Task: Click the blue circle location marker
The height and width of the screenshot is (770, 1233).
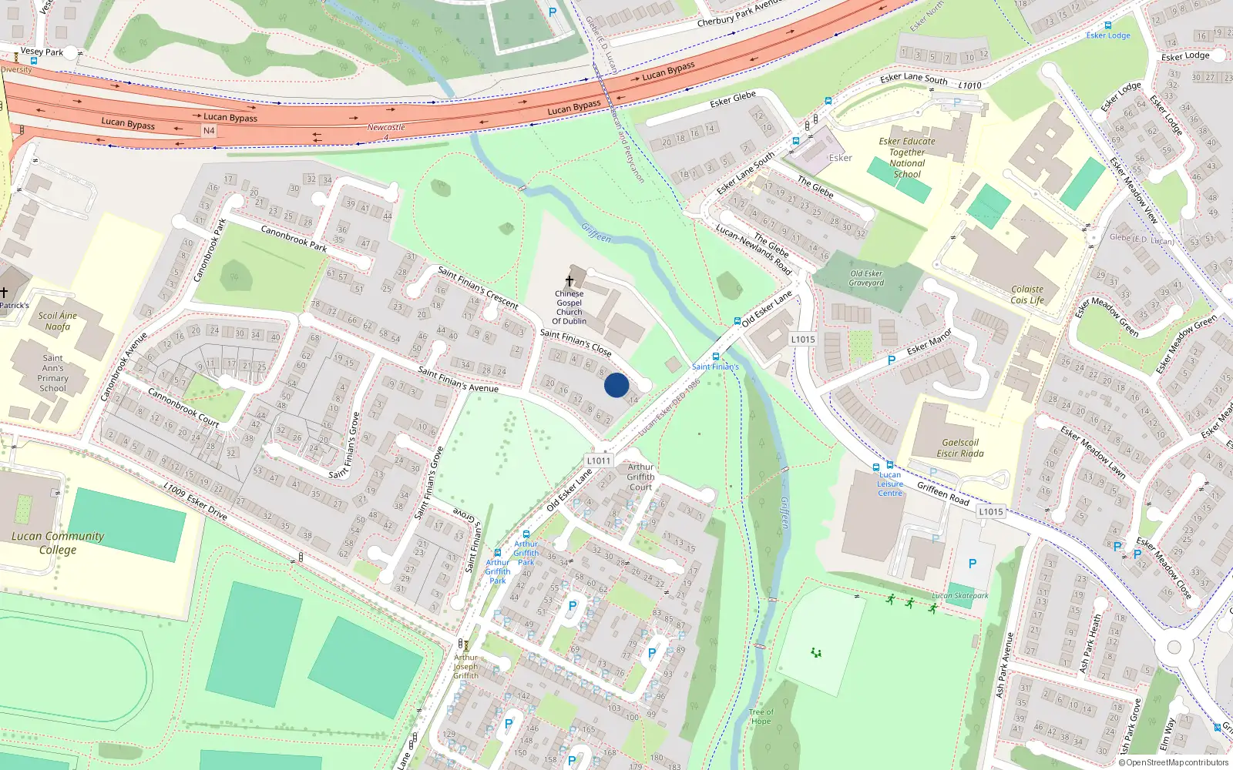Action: point(616,385)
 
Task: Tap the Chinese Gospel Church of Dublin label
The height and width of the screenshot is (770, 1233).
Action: point(569,307)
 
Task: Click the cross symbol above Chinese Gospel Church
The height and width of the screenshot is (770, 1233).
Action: point(569,281)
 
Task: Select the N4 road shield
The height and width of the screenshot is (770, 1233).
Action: point(209,131)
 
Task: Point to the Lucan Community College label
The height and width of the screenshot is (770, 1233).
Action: point(58,542)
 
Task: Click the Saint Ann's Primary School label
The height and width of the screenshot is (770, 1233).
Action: point(52,373)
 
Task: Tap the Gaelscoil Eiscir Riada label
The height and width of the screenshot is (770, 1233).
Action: point(960,448)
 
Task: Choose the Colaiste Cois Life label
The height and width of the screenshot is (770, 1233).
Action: point(1027,295)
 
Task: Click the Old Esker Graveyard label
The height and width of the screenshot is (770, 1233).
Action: point(866,278)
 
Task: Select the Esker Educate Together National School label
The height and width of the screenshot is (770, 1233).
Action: point(907,158)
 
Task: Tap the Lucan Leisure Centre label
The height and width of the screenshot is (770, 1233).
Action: point(890,484)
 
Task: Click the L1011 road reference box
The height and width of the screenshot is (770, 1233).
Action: point(599,460)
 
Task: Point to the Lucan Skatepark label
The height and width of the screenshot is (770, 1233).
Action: point(960,595)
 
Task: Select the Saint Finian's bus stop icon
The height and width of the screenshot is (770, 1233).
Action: point(717,357)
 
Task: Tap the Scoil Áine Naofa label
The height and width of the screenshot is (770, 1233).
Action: point(58,321)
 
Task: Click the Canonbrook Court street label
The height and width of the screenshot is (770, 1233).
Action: point(183,408)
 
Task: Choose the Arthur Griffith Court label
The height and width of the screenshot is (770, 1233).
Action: point(640,477)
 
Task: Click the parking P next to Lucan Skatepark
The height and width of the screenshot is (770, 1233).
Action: point(973,564)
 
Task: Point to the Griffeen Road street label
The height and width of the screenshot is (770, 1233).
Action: point(942,494)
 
